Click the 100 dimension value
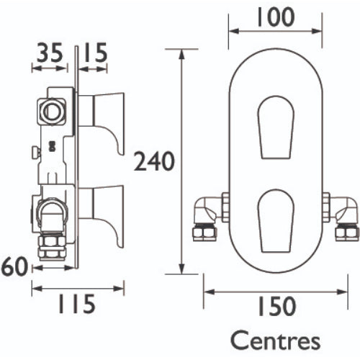coord(276,17)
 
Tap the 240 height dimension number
coord(154,161)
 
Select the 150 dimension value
coord(276,307)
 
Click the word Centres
coord(275,341)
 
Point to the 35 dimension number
coord(50,52)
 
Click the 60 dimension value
coord(14,266)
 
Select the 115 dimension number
coord(77,304)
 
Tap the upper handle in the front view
coord(276,127)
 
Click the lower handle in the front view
coord(276,221)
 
